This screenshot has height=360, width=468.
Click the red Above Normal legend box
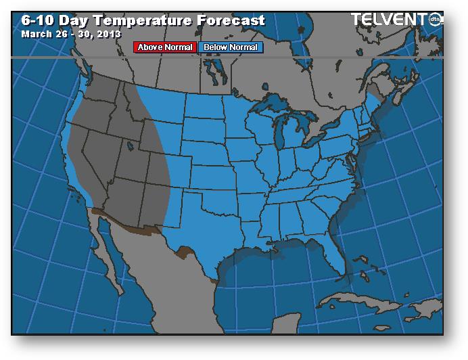pos(165,47)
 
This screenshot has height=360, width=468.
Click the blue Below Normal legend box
pos(230,47)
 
